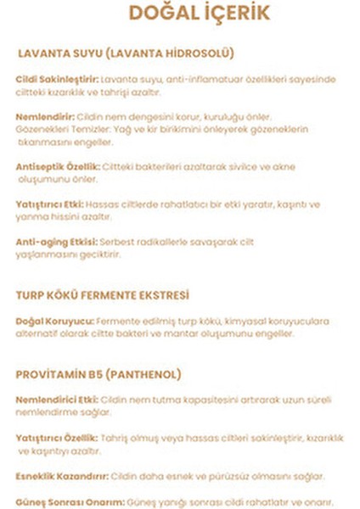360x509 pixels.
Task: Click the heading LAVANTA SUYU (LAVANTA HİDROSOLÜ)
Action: click(126, 53)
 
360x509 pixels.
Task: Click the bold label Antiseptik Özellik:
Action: click(58, 167)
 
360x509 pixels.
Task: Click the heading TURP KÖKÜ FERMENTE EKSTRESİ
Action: click(103, 295)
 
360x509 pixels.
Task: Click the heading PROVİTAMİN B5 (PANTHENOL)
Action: click(99, 374)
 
